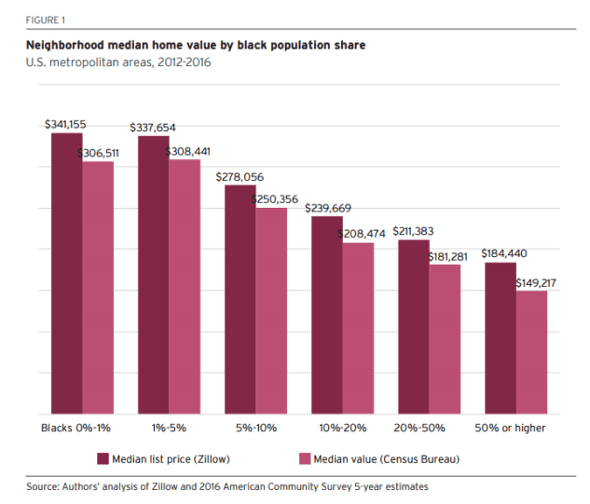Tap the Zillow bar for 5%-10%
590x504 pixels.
point(240,299)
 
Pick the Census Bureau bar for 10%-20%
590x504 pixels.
point(358,328)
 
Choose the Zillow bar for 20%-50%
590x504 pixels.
point(413,326)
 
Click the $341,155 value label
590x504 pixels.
point(67,124)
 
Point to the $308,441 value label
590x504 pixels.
point(190,151)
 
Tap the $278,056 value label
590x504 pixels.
point(240,176)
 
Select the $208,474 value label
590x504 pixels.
point(364,234)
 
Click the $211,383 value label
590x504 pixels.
point(413,231)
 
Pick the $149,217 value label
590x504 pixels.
point(536,281)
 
